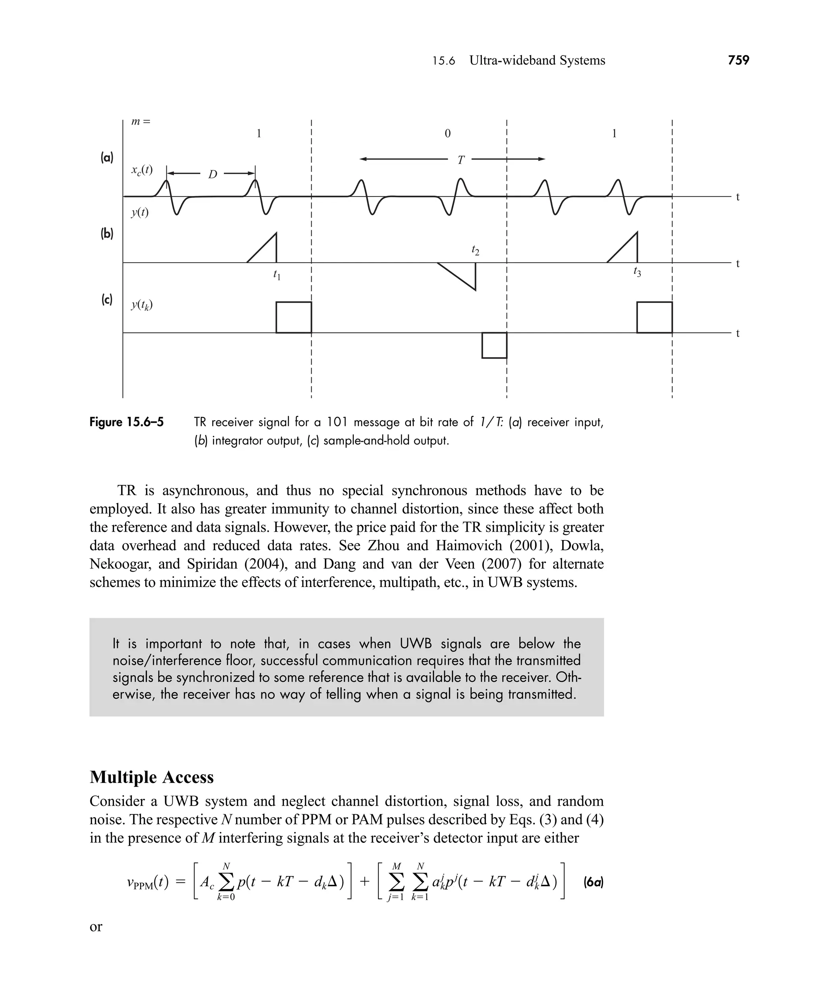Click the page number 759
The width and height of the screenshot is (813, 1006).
tap(738, 60)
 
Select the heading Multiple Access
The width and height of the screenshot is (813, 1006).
tap(151, 777)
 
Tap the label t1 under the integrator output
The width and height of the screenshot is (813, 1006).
tap(277, 275)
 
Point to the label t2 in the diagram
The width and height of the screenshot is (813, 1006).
tap(475, 251)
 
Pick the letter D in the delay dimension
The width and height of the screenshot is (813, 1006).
tap(213, 175)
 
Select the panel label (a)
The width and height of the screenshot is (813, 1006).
tap(107, 158)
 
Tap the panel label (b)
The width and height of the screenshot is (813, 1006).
tap(107, 234)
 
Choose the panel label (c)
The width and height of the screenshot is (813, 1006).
tap(107, 300)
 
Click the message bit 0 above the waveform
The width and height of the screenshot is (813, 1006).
tap(448, 134)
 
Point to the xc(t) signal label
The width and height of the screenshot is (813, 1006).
tap(142, 170)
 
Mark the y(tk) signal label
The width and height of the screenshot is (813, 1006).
tap(142, 305)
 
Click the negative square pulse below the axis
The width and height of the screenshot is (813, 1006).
tap(494, 346)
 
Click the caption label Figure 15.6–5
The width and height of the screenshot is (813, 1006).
tap(127, 422)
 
